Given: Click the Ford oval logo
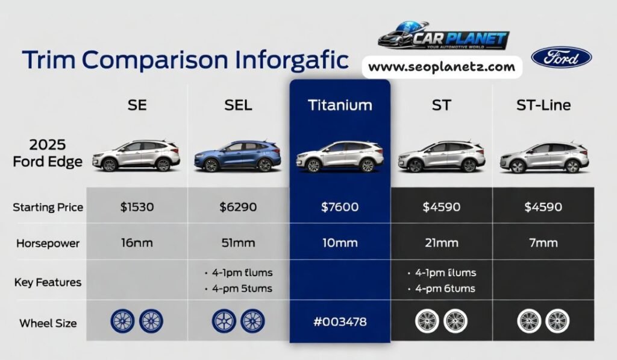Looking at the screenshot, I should click(x=561, y=57).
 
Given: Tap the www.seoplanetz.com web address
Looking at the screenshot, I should click(x=442, y=67).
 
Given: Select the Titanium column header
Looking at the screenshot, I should click(x=340, y=105).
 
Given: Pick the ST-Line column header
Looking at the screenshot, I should click(x=543, y=105).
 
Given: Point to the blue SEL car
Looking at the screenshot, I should click(x=237, y=156).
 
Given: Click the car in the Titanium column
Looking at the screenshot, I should click(x=340, y=157).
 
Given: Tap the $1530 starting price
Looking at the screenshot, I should click(x=137, y=207).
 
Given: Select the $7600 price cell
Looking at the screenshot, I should click(x=340, y=207).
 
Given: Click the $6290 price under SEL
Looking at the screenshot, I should click(x=238, y=207).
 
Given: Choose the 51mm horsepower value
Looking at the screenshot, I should click(x=238, y=243).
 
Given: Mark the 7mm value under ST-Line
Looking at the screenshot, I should click(x=544, y=243).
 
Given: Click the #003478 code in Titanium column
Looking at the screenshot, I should click(x=340, y=322).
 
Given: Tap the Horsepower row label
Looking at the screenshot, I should click(x=48, y=244).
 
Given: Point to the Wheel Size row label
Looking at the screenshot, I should click(x=48, y=323).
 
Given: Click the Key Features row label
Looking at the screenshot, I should click(x=48, y=282).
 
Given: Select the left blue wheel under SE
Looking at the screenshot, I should click(x=122, y=321).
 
